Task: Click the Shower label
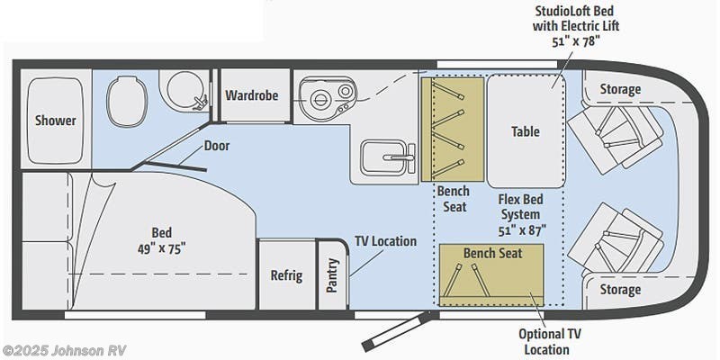tap(55, 121)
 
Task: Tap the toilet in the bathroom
tap(125, 95)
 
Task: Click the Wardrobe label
tap(252, 94)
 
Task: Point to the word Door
tap(216, 145)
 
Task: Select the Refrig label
tap(286, 275)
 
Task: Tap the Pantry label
tap(332, 275)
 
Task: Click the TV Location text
tap(385, 241)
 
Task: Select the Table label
tap(526, 131)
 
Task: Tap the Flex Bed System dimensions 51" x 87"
tap(520, 230)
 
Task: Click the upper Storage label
tap(620, 89)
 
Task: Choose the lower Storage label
tap(620, 289)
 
